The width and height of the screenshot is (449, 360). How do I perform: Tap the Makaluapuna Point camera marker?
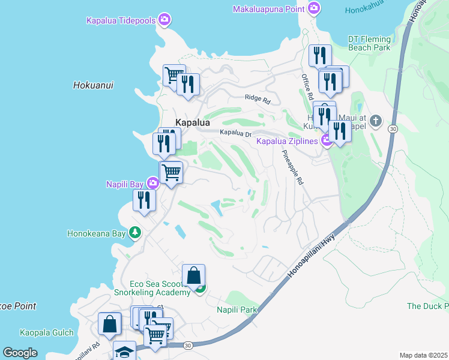click(x=313, y=8)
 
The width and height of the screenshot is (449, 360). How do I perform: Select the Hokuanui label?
click(x=93, y=85)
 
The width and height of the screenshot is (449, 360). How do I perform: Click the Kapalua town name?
click(x=193, y=122)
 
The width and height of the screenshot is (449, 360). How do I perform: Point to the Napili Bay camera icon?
click(x=153, y=183)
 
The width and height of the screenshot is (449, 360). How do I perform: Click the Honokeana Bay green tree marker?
click(x=136, y=233)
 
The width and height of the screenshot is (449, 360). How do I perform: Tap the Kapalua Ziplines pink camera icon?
click(x=327, y=141)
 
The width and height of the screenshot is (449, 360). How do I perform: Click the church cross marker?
click(x=376, y=122)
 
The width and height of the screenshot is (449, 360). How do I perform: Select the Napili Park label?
click(x=237, y=310)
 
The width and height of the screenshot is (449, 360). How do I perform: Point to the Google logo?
click(x=20, y=353)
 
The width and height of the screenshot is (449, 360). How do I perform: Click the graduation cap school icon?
click(x=124, y=352)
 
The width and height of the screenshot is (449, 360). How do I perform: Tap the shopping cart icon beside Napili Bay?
click(x=171, y=172)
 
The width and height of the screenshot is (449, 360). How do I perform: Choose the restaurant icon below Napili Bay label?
click(x=144, y=200)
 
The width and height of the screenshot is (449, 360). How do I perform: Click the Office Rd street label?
click(x=307, y=88)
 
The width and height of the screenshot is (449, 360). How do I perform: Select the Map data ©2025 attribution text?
click(x=423, y=355)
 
